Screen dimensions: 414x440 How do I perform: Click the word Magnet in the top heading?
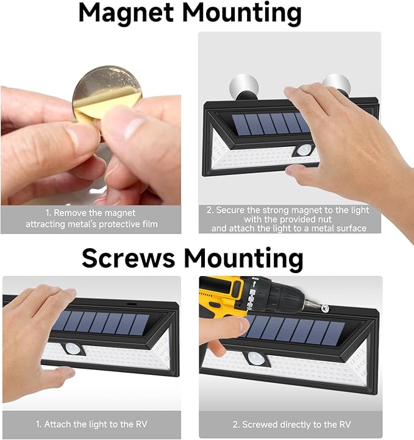[x=126, y=13]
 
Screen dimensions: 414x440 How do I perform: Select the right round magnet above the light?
[x=336, y=83]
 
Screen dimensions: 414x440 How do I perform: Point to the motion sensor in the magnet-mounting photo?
[x=304, y=150]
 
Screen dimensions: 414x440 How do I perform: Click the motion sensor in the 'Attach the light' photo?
[x=73, y=348]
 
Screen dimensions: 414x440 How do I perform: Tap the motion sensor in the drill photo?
[x=255, y=359]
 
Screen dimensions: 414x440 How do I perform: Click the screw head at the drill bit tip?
[x=325, y=308]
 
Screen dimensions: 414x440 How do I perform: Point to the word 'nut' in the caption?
[x=324, y=219]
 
